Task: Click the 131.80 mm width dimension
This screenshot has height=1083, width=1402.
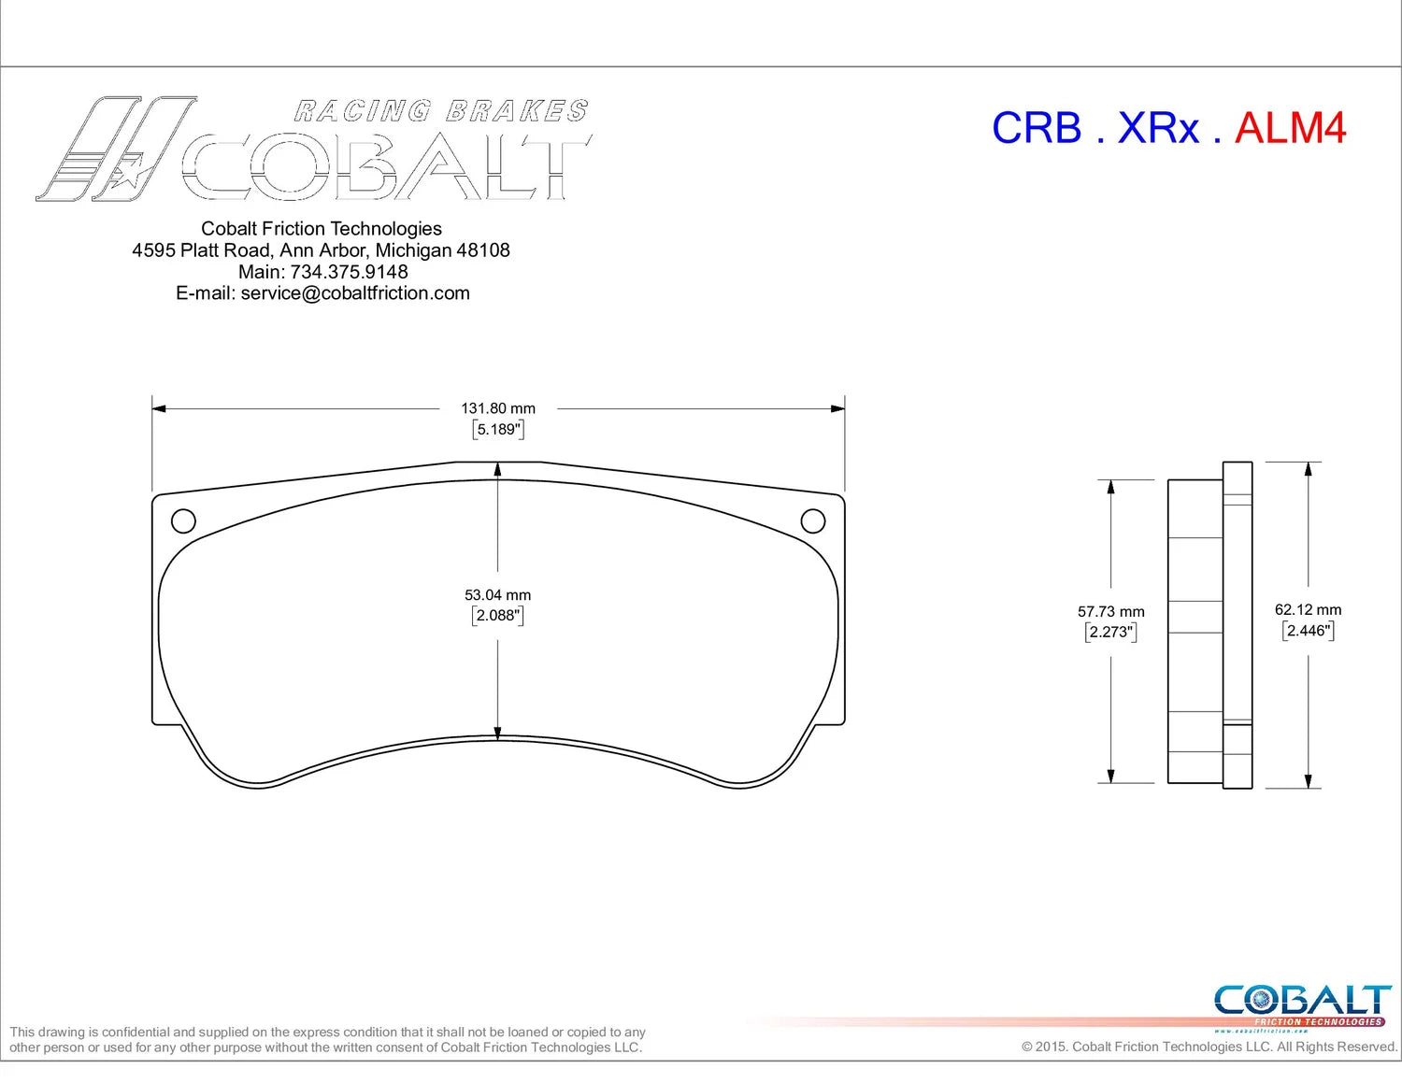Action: pos(497,408)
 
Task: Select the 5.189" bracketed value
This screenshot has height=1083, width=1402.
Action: pos(497,429)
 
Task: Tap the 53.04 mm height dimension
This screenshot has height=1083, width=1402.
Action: pos(497,594)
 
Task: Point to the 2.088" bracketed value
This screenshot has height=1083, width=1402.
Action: pos(497,616)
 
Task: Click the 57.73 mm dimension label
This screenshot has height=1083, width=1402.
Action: pos(1111,611)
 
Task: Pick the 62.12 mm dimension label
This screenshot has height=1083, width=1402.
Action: pos(1308,609)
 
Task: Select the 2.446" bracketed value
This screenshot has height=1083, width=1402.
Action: pos(1308,630)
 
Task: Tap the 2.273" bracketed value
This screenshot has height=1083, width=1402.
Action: pos(1110,632)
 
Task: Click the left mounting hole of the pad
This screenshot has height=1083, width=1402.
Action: pos(183,520)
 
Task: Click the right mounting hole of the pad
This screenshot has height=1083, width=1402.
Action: pos(812,520)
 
